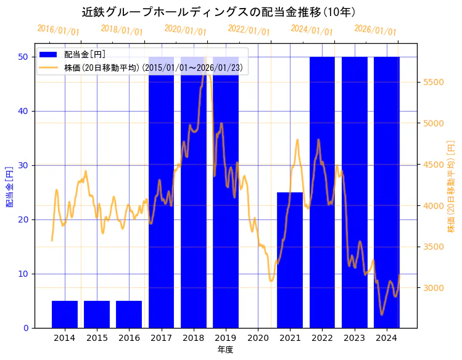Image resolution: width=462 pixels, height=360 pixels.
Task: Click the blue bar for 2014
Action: coord(65,314)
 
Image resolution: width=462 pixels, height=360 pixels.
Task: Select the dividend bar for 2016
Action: coord(129,314)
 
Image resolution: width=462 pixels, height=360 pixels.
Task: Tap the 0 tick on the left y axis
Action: coord(26,328)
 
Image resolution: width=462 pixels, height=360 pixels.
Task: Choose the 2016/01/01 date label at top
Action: coord(58,30)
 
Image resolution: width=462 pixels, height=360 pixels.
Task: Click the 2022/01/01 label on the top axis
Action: coord(249,30)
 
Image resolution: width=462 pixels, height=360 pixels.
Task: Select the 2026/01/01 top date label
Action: coord(375,30)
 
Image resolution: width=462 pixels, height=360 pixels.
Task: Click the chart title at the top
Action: coord(218,12)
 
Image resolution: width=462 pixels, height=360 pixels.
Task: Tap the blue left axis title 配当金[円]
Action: coord(10,186)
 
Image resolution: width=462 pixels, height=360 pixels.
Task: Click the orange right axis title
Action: coord(451,186)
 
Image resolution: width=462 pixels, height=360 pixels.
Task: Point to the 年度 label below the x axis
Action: coord(225,350)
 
